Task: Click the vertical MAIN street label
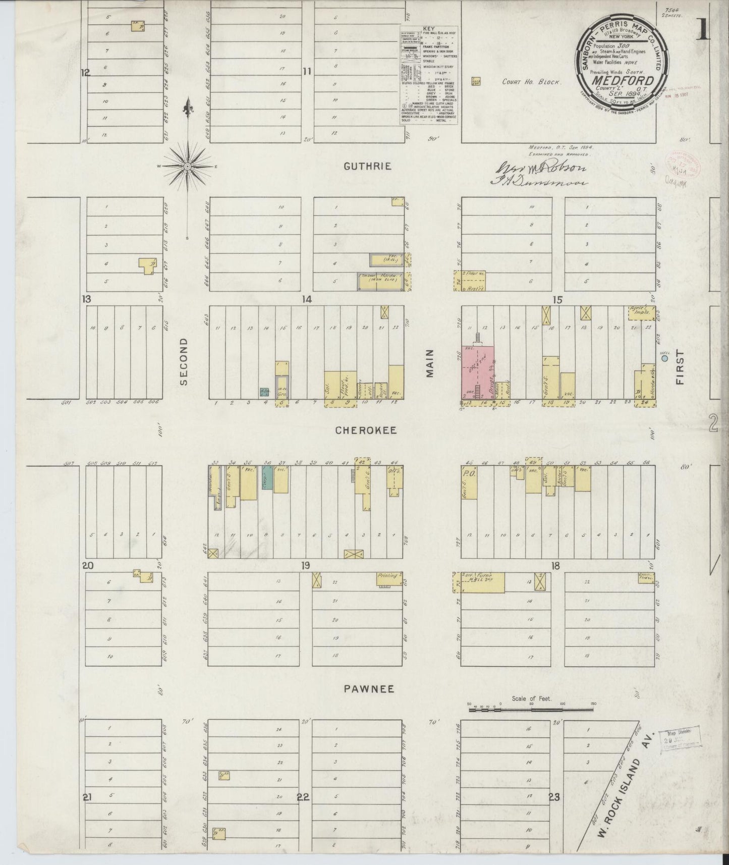click(430, 364)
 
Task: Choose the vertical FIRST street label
click(680, 367)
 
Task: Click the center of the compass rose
click(188, 166)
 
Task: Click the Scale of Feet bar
click(532, 710)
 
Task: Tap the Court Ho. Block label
click(531, 82)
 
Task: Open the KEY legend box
click(429, 75)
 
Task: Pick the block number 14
click(307, 299)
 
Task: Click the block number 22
click(303, 797)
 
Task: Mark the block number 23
click(554, 797)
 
